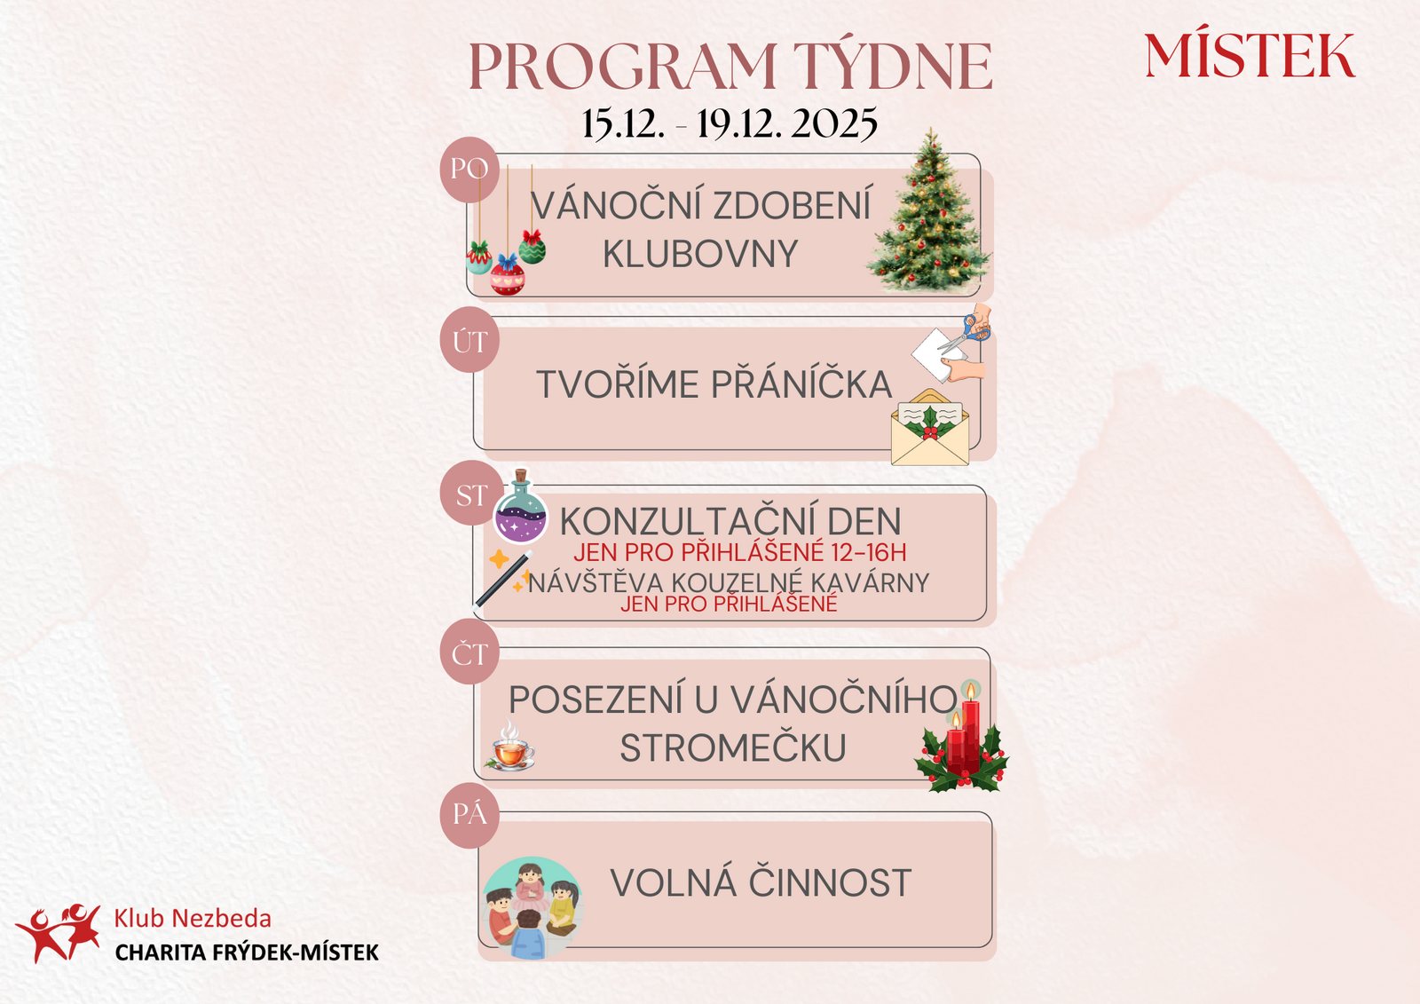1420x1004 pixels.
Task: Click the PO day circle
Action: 469,170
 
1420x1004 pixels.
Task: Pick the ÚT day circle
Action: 469,340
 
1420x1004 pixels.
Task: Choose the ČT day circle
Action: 469,652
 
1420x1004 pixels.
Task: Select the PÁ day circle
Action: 469,816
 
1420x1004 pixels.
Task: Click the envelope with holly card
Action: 930,428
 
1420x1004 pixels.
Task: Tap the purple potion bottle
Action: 520,508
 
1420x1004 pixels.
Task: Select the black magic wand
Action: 502,581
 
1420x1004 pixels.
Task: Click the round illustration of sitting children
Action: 532,907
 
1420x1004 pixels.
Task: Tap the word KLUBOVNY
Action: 700,255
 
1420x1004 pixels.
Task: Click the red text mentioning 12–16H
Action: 740,552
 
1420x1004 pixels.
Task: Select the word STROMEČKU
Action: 733,747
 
